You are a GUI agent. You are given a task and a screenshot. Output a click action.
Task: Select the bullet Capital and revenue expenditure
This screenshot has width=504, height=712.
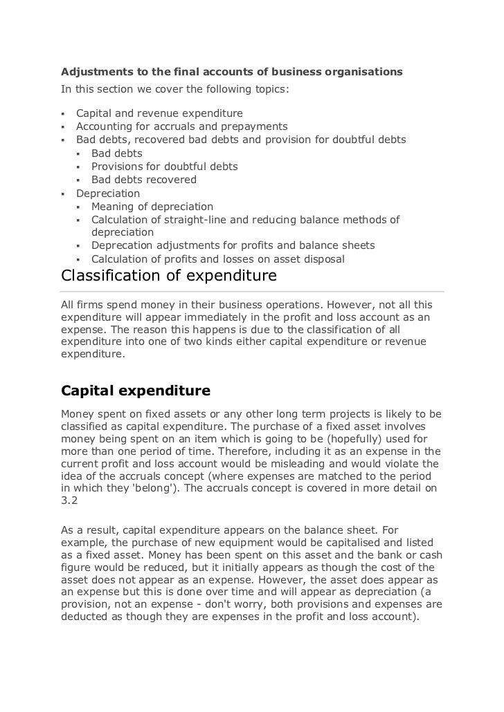coord(159,113)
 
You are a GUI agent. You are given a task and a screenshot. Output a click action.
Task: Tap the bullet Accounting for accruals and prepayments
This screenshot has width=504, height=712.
coord(181,127)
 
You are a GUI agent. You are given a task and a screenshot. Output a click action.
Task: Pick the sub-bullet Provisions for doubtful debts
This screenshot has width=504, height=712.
coord(164,167)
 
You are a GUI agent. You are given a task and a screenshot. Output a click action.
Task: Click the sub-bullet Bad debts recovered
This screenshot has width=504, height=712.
coord(144,180)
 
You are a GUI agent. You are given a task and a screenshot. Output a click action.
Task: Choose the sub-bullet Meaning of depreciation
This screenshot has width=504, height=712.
coord(152,207)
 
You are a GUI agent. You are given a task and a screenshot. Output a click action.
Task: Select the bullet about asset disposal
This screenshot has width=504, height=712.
coord(217,259)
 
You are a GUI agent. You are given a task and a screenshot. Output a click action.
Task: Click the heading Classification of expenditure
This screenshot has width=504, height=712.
coord(169,277)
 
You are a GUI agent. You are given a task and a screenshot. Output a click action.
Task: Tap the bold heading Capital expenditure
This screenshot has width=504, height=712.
coord(136,391)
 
